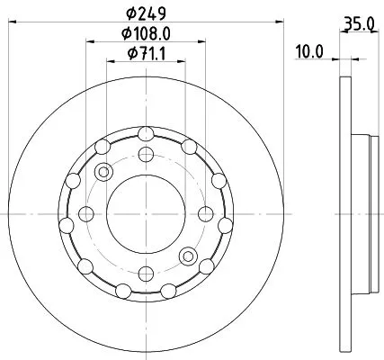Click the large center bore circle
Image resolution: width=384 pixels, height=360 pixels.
coord(146,213)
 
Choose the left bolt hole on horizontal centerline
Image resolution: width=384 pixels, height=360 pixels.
coord(86,213)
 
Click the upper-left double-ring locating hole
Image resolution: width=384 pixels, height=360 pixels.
coord(103,172)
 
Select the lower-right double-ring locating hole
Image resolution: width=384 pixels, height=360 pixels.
coord(187,255)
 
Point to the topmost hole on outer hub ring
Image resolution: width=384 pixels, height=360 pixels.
coord(146,135)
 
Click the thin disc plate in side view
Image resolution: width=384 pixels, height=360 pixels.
coord(345,213)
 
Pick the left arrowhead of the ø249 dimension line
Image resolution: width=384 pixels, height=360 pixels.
coord(10,24)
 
